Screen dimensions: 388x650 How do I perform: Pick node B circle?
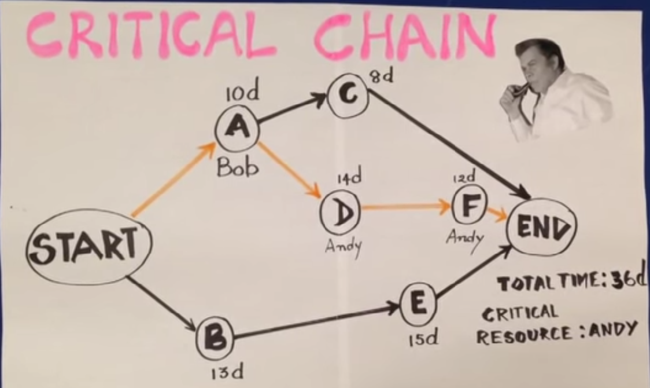tap(215, 339)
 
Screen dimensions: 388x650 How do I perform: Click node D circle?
tap(341, 213)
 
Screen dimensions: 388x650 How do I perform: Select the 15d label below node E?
tap(423, 339)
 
